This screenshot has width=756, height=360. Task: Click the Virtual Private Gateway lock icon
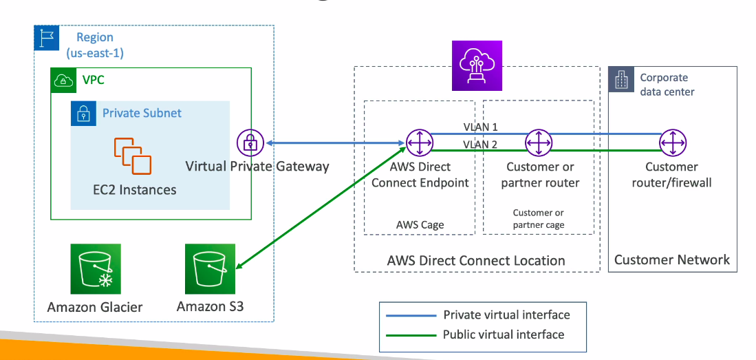[x=250, y=142]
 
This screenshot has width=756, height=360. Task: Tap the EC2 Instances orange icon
[x=133, y=156]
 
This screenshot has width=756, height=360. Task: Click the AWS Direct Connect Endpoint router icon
[x=418, y=142]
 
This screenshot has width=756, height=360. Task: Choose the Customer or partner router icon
[x=539, y=142]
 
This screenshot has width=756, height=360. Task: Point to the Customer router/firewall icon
[x=671, y=142]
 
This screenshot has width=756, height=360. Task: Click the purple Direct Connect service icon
[x=477, y=65]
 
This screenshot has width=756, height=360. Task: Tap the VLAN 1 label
[x=480, y=128]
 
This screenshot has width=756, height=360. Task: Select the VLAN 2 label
[x=480, y=145]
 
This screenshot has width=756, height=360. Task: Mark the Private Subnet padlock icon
[x=82, y=113]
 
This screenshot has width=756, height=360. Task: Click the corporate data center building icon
[x=621, y=80]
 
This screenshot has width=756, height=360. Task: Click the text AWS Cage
[x=420, y=225]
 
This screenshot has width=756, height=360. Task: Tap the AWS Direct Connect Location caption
[x=476, y=261]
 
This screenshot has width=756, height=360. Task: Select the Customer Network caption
[x=671, y=260]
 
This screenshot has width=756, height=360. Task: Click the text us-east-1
[x=96, y=53]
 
